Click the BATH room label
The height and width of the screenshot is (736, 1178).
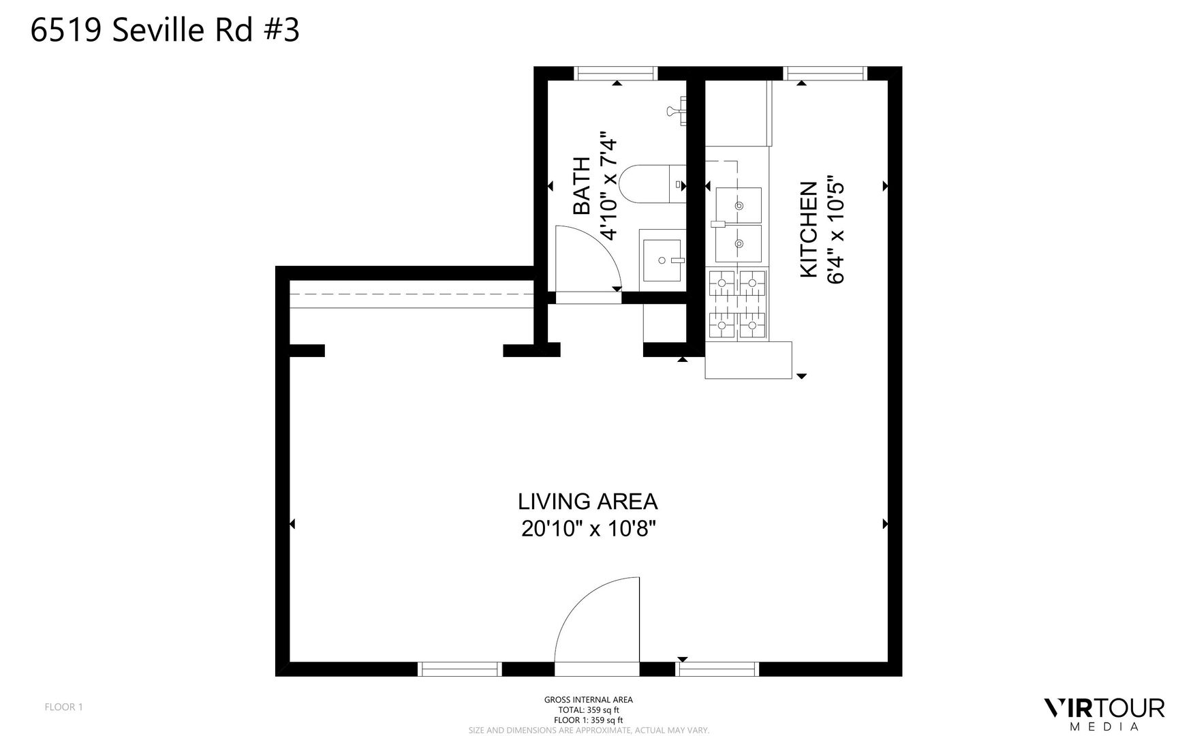click(582, 186)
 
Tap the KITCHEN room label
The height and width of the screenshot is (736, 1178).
click(808, 229)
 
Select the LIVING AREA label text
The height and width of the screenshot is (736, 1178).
click(588, 502)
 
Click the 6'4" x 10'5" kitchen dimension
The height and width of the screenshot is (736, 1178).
click(835, 232)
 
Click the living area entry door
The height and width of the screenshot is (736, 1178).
click(597, 619)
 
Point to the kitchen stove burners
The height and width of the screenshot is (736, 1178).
click(738, 304)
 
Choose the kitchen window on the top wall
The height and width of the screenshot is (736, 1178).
click(824, 74)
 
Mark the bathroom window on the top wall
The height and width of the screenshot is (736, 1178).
click(617, 74)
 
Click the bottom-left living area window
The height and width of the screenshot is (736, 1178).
click(460, 669)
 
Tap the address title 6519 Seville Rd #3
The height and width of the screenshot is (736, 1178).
click(165, 31)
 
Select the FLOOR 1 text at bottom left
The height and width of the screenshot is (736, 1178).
click(63, 707)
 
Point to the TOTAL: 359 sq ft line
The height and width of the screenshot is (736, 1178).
click(588, 709)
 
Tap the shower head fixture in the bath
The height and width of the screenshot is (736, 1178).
click(677, 111)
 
